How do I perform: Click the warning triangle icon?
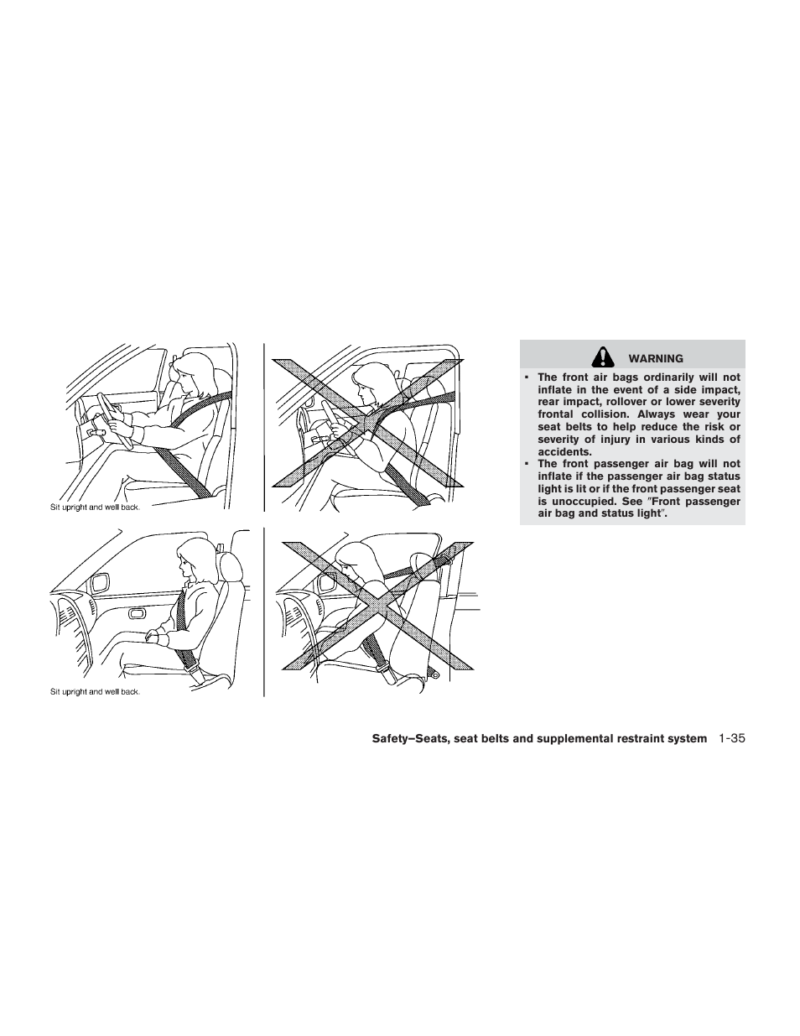point(601,358)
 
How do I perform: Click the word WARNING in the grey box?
point(656,359)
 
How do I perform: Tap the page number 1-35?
point(731,738)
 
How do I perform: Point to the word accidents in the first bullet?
point(564,451)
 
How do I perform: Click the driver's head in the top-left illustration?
point(192,374)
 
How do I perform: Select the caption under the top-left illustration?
point(94,508)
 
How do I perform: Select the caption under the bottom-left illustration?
point(94,692)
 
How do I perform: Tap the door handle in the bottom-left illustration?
point(136,614)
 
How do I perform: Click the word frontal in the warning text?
point(555,414)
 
